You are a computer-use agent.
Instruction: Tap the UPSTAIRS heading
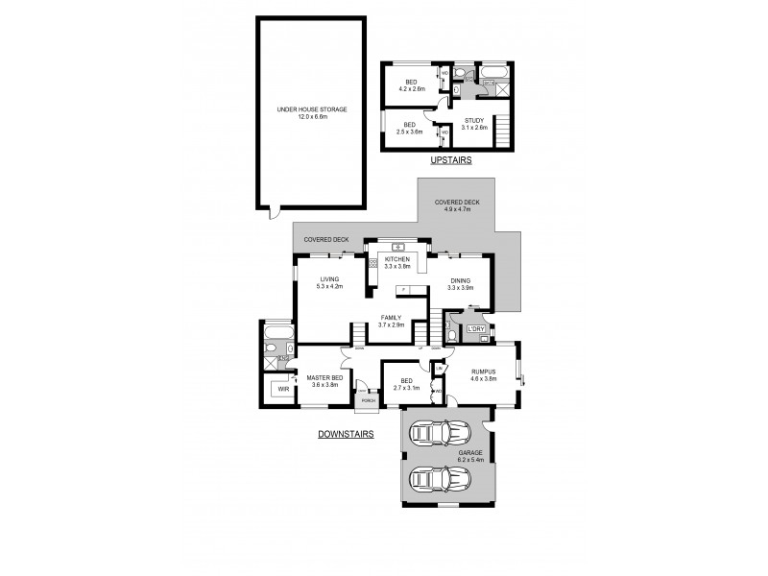click(451, 161)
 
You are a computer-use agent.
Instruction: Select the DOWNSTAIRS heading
click(345, 434)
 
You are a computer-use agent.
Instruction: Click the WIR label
click(283, 390)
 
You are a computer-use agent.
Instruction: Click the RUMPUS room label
click(483, 375)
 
